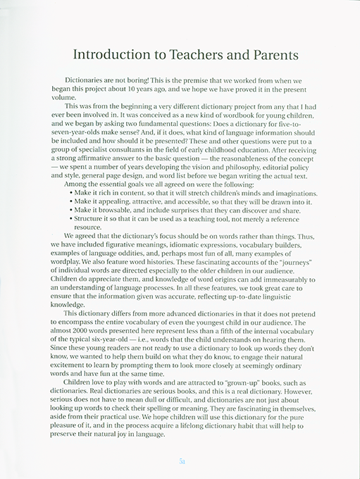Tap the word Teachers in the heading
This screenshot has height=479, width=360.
pyautogui.click(x=193, y=55)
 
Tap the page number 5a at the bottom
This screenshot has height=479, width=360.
pyautogui.click(x=181, y=461)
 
